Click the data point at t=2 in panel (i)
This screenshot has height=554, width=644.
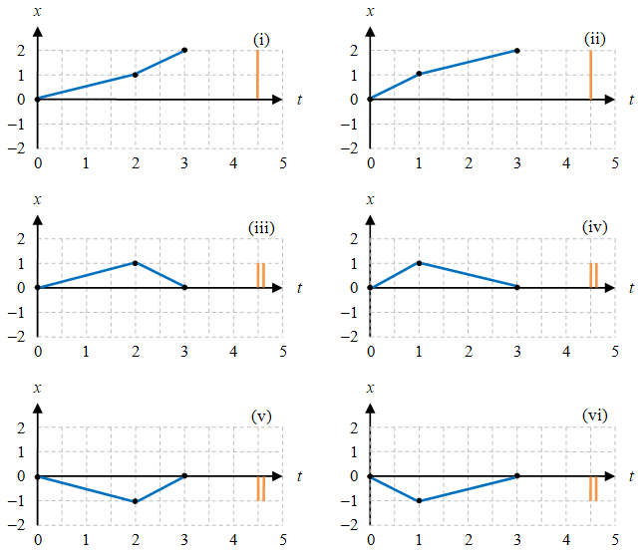pyautogui.click(x=136, y=75)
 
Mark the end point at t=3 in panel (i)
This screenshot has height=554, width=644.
pyautogui.click(x=184, y=50)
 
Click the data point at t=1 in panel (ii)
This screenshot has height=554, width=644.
pyautogui.click(x=420, y=74)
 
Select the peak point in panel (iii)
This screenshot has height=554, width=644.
pyautogui.click(x=136, y=263)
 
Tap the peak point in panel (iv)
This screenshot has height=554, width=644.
pyautogui.click(x=420, y=263)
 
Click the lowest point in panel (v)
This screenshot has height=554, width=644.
pyautogui.click(x=136, y=501)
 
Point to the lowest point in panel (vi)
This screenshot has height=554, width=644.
pyautogui.click(x=420, y=501)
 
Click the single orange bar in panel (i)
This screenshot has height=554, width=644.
pyautogui.click(x=257, y=75)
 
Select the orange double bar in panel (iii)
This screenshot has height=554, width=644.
pyautogui.click(x=261, y=275)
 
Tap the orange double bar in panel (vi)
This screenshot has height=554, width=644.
pyautogui.click(x=593, y=489)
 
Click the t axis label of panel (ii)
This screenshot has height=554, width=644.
pyautogui.click(x=632, y=100)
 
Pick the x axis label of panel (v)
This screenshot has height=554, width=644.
pyautogui.click(x=37, y=388)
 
